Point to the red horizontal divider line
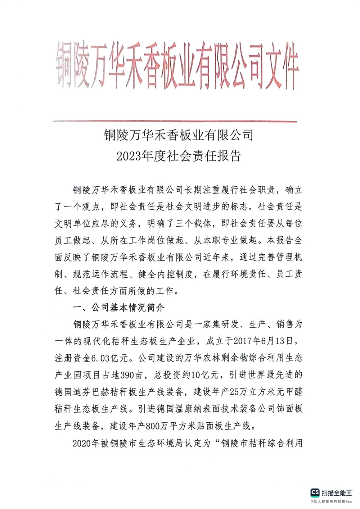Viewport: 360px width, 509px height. coord(175,122)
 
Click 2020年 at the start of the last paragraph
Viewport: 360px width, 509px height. coord(86,443)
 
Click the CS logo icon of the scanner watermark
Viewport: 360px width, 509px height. coord(315,492)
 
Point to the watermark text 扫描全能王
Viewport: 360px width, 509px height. coord(337,492)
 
